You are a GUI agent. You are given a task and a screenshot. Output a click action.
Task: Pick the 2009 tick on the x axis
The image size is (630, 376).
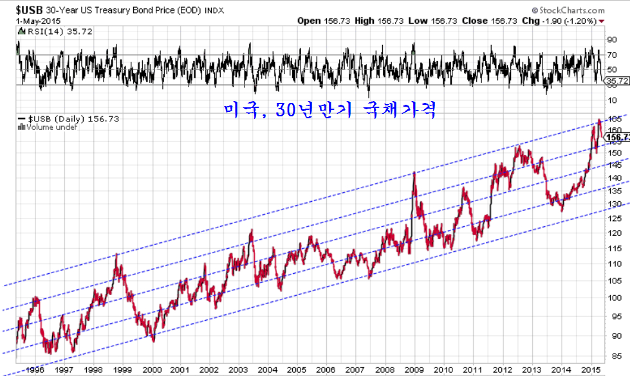click(x=414, y=370)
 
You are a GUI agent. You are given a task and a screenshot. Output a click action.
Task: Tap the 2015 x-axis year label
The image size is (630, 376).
click(x=591, y=370)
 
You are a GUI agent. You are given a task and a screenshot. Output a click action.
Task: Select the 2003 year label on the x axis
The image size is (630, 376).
click(x=238, y=370)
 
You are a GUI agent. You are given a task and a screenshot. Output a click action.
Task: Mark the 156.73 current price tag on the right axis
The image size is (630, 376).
click(x=617, y=138)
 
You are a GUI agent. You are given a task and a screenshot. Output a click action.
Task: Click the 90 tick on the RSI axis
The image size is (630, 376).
click(x=612, y=40)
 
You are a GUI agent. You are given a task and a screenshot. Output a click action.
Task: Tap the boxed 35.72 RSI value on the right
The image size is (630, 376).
click(x=616, y=81)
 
